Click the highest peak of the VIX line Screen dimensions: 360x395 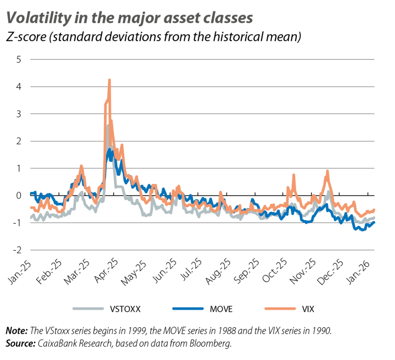click(x=109, y=80)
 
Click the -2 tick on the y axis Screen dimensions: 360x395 click(x=17, y=250)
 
